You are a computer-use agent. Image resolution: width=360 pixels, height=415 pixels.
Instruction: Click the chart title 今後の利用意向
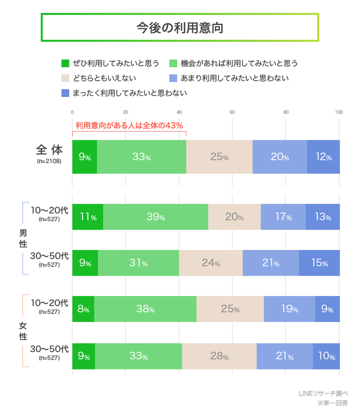pyautogui.click(x=179, y=27)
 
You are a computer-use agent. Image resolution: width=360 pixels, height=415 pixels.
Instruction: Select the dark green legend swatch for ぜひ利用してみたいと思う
pyautogui.click(x=65, y=63)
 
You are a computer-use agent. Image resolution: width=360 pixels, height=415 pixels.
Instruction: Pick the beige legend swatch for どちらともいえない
pyautogui.click(x=65, y=78)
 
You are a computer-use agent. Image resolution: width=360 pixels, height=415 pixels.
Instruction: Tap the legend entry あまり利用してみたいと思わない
pyautogui.click(x=234, y=78)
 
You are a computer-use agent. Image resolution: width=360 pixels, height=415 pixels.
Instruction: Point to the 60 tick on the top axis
pyautogui.click(x=232, y=112)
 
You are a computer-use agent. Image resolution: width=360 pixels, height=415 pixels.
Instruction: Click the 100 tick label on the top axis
pyautogui.click(x=338, y=112)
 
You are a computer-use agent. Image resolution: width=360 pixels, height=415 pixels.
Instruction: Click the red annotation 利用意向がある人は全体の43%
pyautogui.click(x=129, y=125)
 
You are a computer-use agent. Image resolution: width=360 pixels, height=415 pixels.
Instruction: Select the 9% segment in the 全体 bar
pyautogui.click(x=84, y=157)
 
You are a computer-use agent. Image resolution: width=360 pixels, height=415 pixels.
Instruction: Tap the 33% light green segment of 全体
pyautogui.click(x=141, y=157)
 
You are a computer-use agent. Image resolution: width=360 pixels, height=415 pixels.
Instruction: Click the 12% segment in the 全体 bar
pyautogui.click(x=323, y=157)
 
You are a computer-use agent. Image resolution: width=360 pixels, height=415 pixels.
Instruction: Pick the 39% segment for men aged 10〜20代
pyautogui.click(x=155, y=217)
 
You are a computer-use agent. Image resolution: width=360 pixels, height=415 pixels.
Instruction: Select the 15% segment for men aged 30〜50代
pyautogui.click(x=319, y=263)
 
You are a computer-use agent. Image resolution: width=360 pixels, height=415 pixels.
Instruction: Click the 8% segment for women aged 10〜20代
pyautogui.click(x=83, y=309)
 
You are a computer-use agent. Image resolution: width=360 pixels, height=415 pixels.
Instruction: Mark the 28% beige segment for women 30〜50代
pyautogui.click(x=219, y=356)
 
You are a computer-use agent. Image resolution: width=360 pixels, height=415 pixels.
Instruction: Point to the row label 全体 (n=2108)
pyautogui.click(x=49, y=153)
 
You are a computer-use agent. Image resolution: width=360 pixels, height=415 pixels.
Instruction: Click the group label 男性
pyautogui.click(x=23, y=239)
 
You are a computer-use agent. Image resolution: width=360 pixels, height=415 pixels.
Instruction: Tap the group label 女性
pyautogui.click(x=23, y=331)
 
